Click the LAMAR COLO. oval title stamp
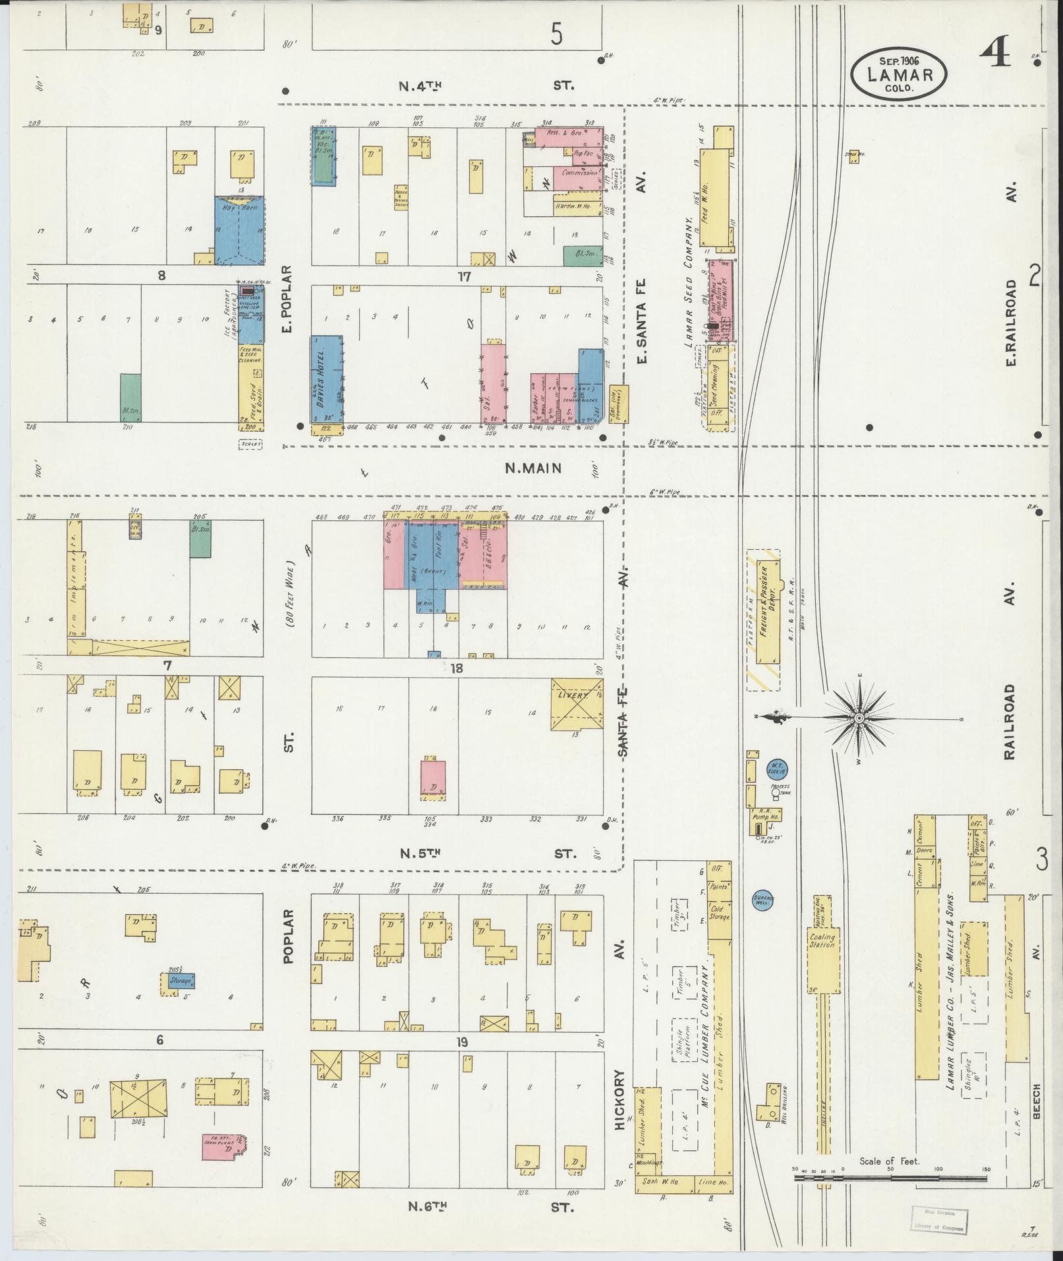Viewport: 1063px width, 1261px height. [899, 74]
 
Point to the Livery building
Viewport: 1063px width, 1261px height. [577, 703]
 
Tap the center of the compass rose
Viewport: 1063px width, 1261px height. [859, 718]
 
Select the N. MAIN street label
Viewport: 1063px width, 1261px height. [533, 469]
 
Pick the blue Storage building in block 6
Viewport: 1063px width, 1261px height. [180, 981]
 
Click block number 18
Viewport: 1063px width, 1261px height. [456, 668]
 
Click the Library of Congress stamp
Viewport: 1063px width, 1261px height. [940, 1219]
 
